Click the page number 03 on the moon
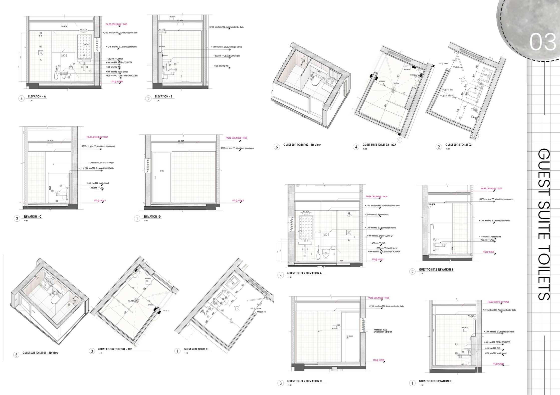[x=543, y=42]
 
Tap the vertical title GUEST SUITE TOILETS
[x=544, y=224]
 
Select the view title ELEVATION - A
[x=37, y=96]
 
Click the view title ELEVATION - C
[x=32, y=217]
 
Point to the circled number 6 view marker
[x=277, y=147]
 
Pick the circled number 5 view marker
[x=16, y=355]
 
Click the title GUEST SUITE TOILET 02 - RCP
[x=379, y=145]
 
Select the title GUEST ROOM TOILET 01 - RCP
[x=115, y=349]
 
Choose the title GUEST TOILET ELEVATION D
[x=435, y=381]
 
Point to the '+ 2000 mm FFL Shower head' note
[x=377, y=215]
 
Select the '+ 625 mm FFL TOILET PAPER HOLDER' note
[x=122, y=76]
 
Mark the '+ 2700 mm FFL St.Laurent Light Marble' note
[x=499, y=332]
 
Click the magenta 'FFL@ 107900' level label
[x=117, y=82]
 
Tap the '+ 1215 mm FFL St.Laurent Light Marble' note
[x=122, y=47]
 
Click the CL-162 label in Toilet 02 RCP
[x=396, y=84]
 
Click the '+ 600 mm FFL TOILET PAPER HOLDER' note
[x=384, y=252]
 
